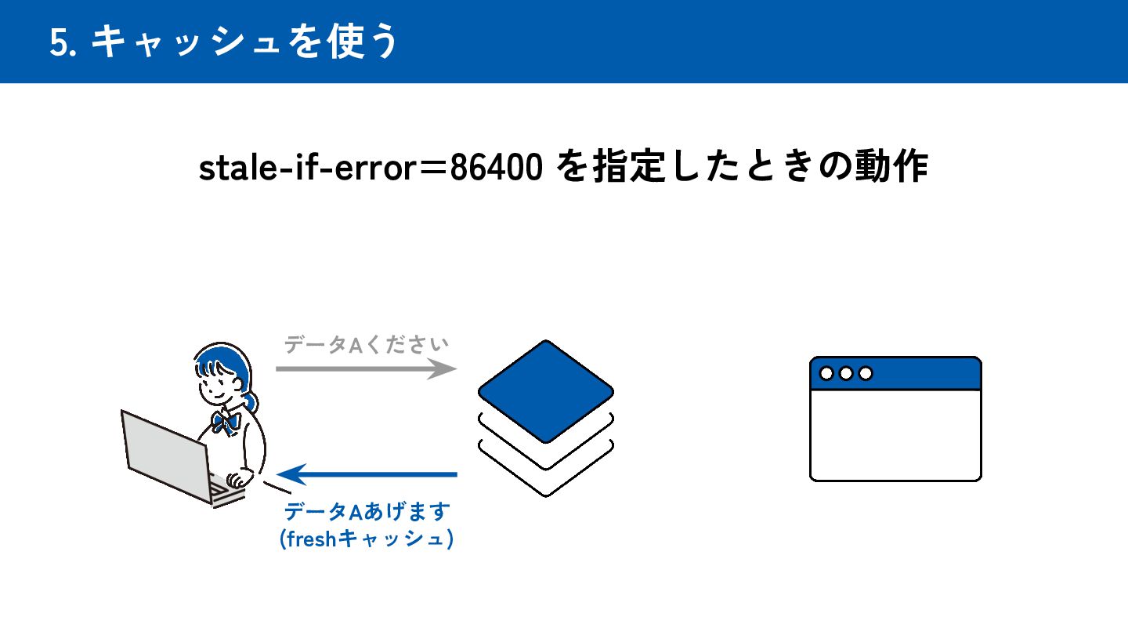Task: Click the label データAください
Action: (x=366, y=345)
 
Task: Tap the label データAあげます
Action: (x=366, y=513)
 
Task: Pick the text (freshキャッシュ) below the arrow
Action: (x=366, y=540)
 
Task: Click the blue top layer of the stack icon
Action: (x=545, y=390)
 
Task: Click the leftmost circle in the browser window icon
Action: (x=826, y=374)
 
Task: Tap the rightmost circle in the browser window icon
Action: (x=866, y=374)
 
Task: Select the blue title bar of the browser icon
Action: (x=924, y=374)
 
